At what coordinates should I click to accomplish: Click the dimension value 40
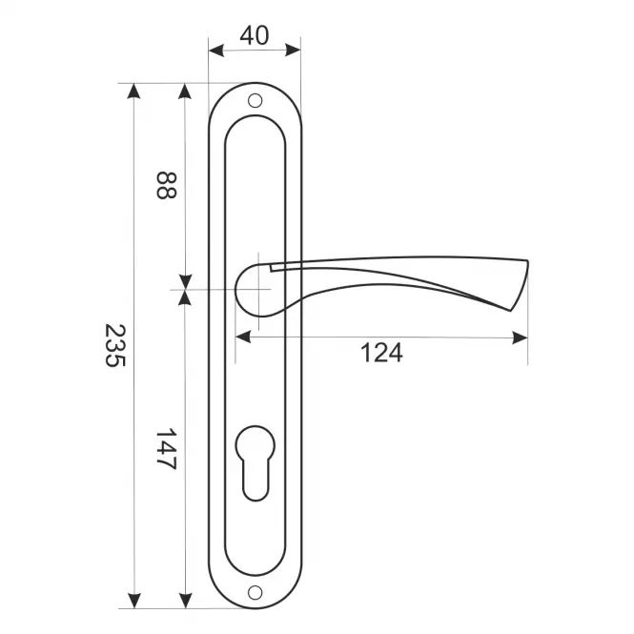coord(254,35)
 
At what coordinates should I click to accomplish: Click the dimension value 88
coord(166,185)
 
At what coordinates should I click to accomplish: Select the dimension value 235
coord(115,345)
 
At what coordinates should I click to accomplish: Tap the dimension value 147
coord(166,449)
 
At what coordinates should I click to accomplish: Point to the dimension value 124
coord(381,353)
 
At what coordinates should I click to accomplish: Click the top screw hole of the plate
coord(255,101)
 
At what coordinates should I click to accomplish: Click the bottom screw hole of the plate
coord(255,593)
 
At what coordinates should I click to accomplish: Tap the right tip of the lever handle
coord(527,263)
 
